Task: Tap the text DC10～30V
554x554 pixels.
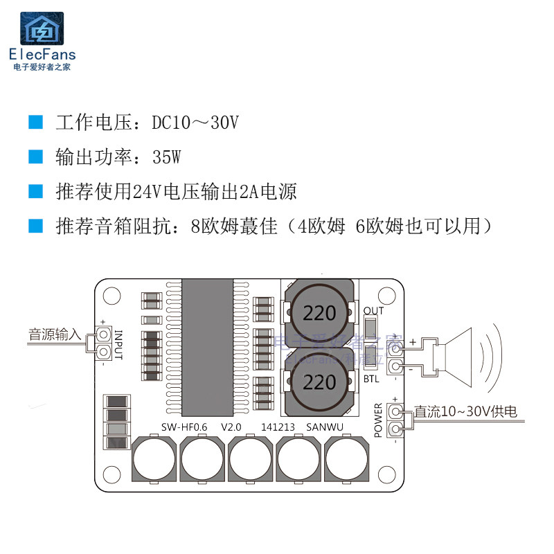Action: click(196, 123)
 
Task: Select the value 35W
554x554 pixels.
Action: click(167, 157)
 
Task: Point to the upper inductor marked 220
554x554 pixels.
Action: click(319, 313)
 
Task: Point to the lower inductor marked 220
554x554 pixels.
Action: click(319, 382)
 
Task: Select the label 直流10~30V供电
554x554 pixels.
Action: click(465, 411)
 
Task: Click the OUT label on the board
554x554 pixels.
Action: click(373, 310)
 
